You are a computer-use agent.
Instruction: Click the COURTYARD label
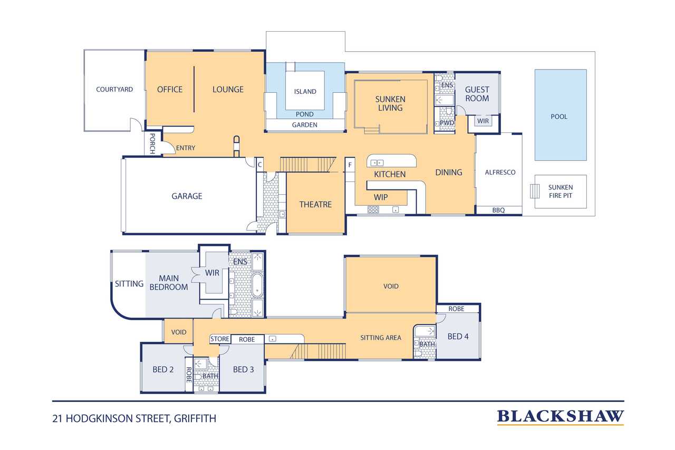114,90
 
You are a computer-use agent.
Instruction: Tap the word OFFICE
170,90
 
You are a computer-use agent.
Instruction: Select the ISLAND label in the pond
305,92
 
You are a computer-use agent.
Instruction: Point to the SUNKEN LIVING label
390,103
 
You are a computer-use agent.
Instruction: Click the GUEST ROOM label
477,94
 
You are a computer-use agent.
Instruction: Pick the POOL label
559,117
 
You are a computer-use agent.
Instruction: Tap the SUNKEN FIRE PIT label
561,192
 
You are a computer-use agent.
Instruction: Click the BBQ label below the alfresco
498,210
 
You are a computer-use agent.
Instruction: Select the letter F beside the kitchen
350,165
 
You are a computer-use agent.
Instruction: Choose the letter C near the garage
260,165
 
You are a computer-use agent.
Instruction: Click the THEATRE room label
315,204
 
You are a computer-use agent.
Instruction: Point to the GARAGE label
187,196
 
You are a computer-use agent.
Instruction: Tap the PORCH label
152,143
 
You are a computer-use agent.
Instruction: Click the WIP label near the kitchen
381,197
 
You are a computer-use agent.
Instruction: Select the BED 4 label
458,337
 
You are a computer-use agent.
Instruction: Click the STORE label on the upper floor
220,339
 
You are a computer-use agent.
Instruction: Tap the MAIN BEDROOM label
169,283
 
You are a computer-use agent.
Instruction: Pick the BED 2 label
163,369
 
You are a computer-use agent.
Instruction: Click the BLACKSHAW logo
560,417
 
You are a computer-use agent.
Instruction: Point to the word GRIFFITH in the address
195,419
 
